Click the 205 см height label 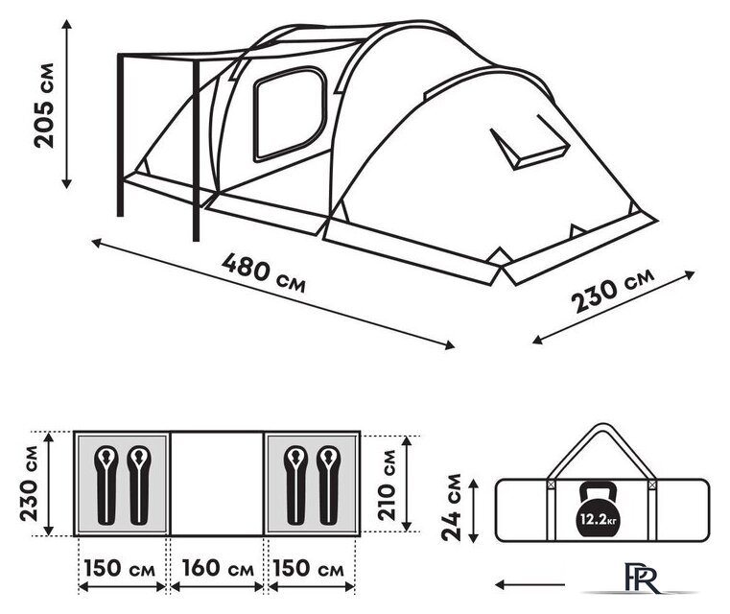click(x=44, y=106)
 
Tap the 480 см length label click(x=264, y=272)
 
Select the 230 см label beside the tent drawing click(x=613, y=290)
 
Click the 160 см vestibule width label click(x=218, y=568)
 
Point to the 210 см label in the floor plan click(x=387, y=484)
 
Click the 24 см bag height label click(x=452, y=508)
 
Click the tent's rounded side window click(x=290, y=114)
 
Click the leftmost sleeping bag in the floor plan click(x=106, y=484)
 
